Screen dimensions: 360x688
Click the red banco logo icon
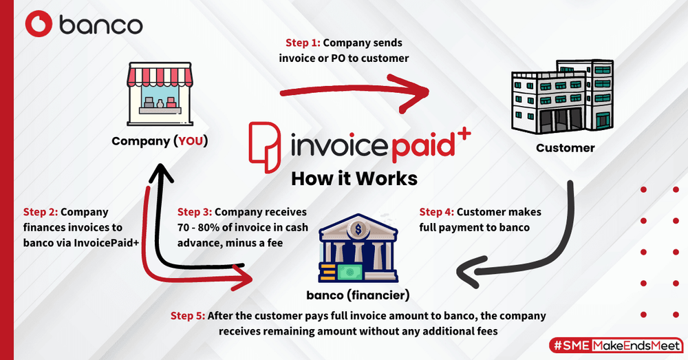tap(39, 25)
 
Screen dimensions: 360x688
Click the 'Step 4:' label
tap(436, 212)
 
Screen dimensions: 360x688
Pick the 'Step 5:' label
tap(188, 316)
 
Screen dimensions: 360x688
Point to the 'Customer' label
tap(565, 148)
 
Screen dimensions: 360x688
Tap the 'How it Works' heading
tap(354, 178)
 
